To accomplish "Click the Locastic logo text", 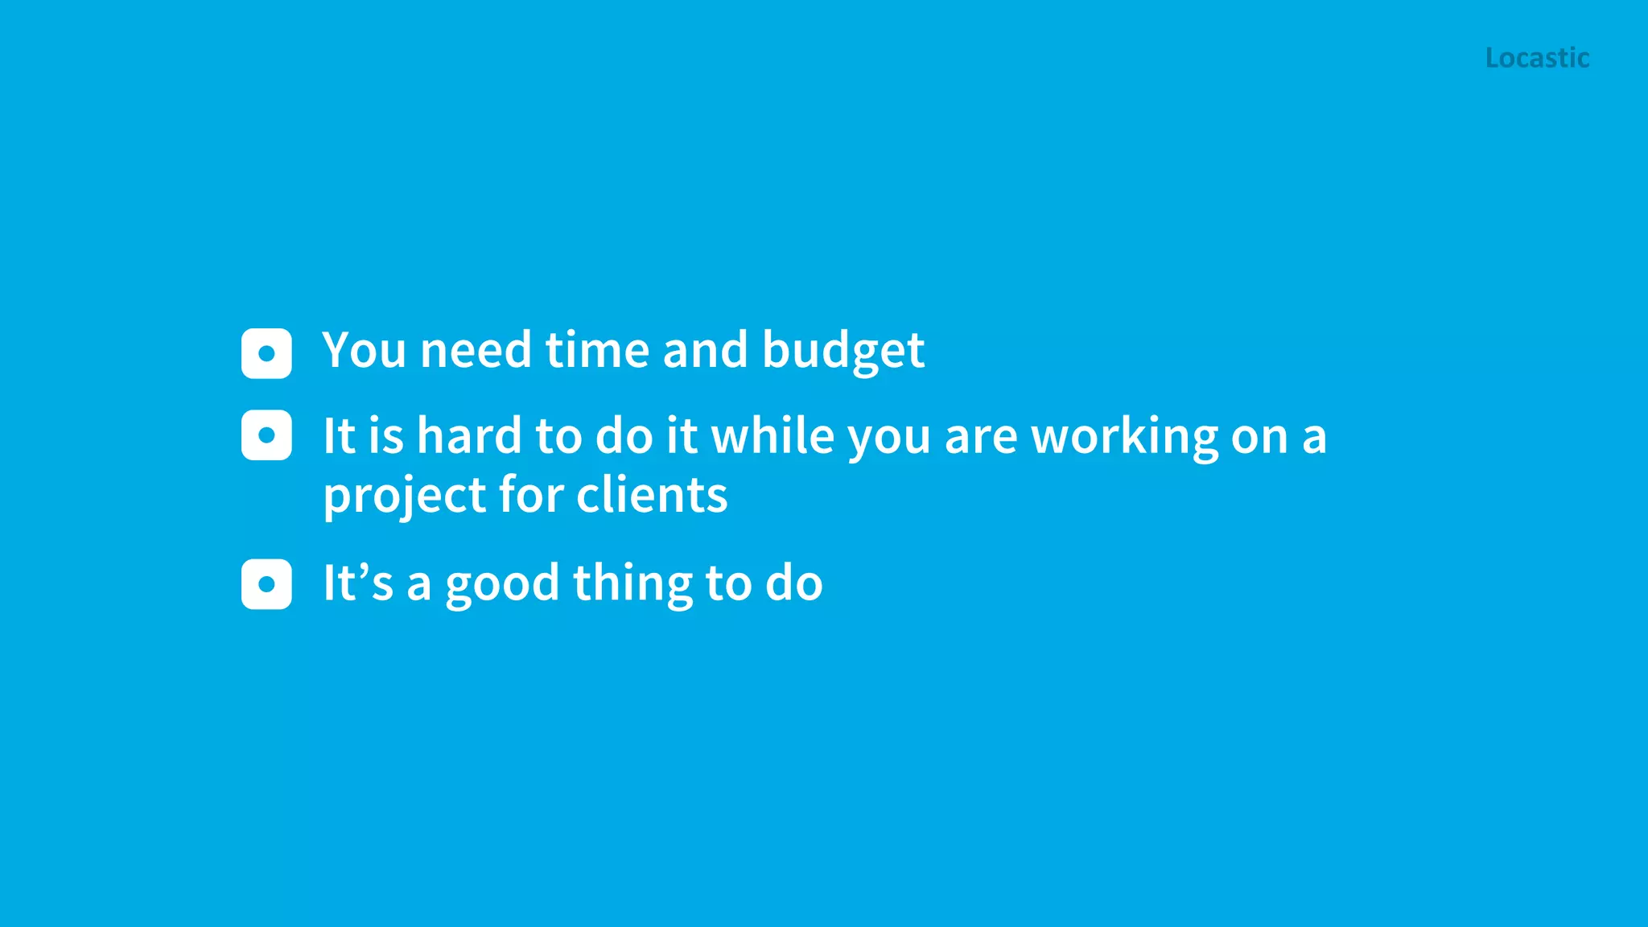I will click(x=1537, y=58).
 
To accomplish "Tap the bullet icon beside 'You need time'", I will click(x=266, y=353).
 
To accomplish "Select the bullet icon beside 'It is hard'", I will click(x=266, y=435).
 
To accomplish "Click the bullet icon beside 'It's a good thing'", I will click(x=266, y=584).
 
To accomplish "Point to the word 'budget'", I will click(x=843, y=352).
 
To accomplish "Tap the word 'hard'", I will click(x=469, y=436).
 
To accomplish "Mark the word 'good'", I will click(x=502, y=585).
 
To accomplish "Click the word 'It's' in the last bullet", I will click(x=358, y=583).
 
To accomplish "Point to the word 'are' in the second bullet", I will click(x=980, y=437).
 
